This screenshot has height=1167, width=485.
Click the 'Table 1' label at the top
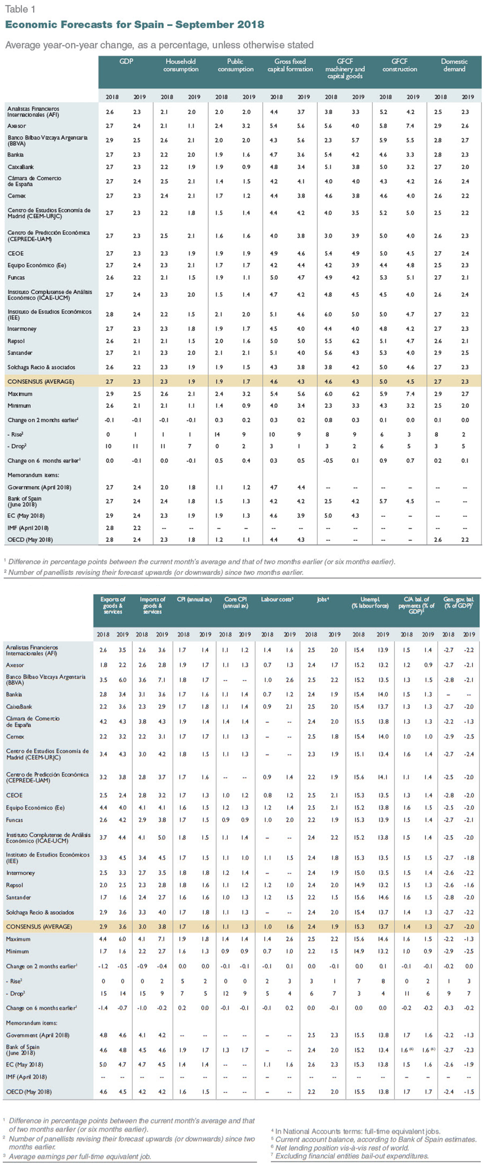(20, 9)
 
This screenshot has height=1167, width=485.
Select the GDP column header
(126, 62)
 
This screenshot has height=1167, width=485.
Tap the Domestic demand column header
(454, 65)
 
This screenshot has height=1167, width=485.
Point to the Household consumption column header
(181, 65)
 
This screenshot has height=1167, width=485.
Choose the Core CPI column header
(235, 603)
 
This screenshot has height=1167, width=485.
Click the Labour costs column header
(277, 599)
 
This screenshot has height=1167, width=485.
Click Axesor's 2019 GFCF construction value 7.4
(410, 126)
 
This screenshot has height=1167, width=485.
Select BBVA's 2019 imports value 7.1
(162, 680)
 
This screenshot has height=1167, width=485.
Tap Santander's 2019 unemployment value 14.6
(383, 897)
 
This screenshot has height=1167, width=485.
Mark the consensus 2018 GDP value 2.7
(109, 381)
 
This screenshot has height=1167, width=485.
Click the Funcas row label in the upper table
(16, 277)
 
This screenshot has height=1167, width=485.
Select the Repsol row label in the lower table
(15, 885)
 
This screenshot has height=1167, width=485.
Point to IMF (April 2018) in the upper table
(28, 528)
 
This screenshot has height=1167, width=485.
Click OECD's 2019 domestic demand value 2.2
(465, 539)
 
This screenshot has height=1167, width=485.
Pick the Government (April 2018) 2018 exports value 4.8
(103, 1035)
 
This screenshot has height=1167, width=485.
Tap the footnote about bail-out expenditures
(352, 1156)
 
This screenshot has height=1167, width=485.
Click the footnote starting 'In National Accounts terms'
(356, 1131)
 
